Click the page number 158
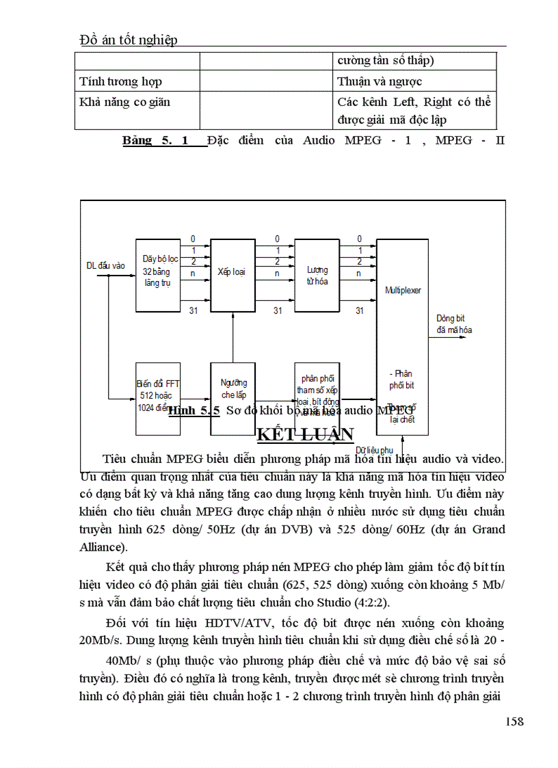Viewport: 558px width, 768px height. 514,722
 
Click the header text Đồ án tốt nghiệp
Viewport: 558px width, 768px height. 129,40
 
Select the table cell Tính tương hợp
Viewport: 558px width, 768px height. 121,81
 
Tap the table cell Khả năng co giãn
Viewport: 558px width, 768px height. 125,102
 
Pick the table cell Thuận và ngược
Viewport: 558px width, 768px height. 380,81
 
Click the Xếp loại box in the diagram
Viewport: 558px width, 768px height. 232,272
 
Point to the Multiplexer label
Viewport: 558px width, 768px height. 403,290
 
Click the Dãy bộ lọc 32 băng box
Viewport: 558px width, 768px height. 158,272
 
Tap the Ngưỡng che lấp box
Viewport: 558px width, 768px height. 233,389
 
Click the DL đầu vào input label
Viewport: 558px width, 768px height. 105,265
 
